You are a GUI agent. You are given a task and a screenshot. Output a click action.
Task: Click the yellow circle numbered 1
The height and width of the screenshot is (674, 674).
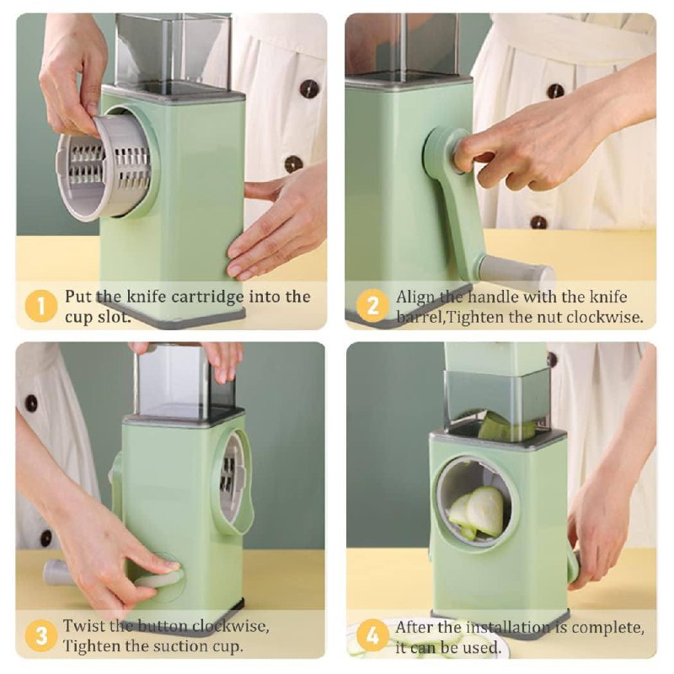point(40,307)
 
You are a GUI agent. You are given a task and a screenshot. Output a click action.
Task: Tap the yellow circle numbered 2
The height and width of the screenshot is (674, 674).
point(372,307)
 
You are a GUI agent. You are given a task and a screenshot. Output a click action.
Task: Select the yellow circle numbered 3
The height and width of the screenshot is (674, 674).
point(40,635)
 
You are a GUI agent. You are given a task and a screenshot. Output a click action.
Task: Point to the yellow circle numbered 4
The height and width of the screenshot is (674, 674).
point(372,635)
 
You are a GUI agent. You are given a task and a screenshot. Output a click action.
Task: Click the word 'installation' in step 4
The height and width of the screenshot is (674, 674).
point(509,627)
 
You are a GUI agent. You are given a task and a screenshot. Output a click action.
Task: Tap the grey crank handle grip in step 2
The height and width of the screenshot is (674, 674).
point(516,271)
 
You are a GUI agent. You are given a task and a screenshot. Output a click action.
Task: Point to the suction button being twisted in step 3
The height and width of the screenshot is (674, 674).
point(159,577)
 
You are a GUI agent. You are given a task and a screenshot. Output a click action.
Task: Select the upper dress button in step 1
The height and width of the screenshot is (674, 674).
point(308,88)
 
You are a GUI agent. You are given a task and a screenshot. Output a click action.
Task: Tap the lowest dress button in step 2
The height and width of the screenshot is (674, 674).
point(538,222)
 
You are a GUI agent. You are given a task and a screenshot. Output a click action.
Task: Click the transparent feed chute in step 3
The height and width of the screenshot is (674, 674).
point(184,381)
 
